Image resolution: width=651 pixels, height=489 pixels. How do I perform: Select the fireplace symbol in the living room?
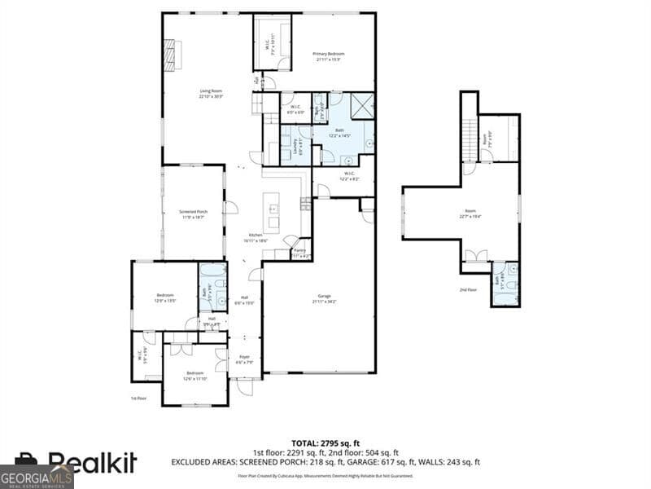[169, 55]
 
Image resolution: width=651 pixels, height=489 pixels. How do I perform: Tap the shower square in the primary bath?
[363, 106]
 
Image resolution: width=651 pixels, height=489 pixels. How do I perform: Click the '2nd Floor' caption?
[468, 289]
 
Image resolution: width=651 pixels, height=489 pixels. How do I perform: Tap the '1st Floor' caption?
[138, 398]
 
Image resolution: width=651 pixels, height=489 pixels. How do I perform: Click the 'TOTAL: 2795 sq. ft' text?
[325, 442]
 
